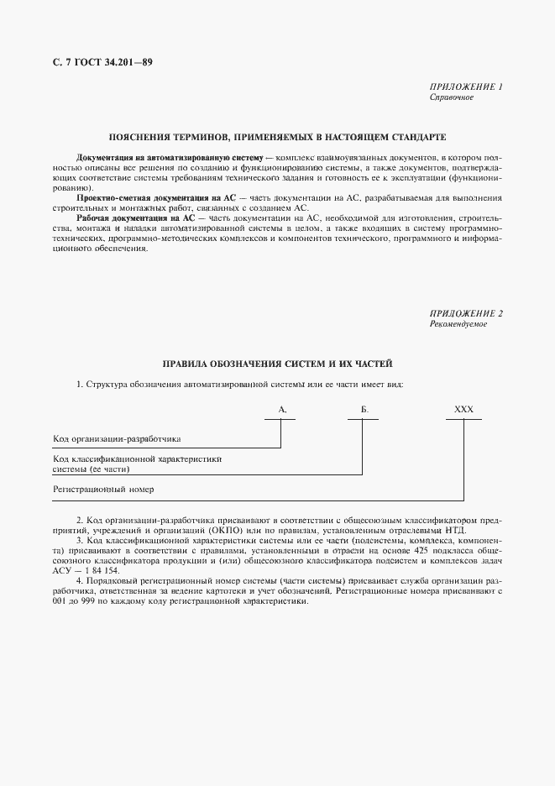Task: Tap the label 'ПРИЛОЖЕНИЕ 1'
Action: click(x=465, y=87)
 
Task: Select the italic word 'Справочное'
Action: click(x=452, y=97)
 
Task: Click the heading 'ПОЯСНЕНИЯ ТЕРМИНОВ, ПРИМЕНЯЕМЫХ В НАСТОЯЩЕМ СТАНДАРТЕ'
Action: click(x=277, y=136)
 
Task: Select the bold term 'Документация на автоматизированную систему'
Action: click(x=169, y=158)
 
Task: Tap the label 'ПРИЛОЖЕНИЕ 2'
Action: click(x=465, y=314)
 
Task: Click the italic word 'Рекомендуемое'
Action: click(x=458, y=324)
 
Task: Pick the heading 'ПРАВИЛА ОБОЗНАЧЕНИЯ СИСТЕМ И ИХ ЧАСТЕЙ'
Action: click(x=277, y=364)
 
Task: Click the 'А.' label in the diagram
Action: click(x=281, y=409)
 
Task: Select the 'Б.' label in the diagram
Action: click(x=364, y=409)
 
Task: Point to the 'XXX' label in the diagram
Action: click(x=463, y=409)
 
